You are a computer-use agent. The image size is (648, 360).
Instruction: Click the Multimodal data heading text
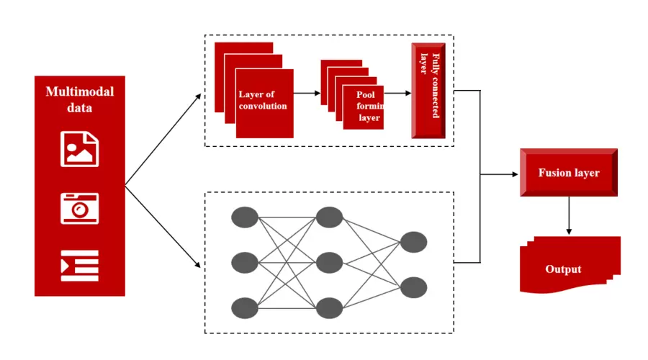click(x=80, y=100)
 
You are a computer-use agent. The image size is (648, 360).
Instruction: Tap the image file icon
click(x=79, y=148)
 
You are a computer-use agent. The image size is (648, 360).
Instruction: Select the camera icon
click(x=79, y=208)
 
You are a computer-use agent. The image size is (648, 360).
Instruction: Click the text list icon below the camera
click(x=79, y=266)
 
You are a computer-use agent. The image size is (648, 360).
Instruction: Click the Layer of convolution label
click(x=263, y=100)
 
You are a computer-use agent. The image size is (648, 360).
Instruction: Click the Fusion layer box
click(x=568, y=173)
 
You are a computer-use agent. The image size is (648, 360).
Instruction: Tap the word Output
click(x=563, y=269)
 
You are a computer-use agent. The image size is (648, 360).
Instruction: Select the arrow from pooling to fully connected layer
click(x=397, y=94)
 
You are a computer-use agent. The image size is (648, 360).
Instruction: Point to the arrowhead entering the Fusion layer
click(x=513, y=174)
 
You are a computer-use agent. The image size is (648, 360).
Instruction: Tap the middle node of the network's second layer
click(x=328, y=261)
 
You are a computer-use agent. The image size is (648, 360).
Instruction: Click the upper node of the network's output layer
click(x=413, y=242)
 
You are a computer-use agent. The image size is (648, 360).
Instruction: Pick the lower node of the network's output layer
click(x=413, y=287)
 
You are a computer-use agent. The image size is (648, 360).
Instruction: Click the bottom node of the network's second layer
click(x=328, y=307)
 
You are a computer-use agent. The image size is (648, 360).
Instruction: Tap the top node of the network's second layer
click(x=328, y=217)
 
